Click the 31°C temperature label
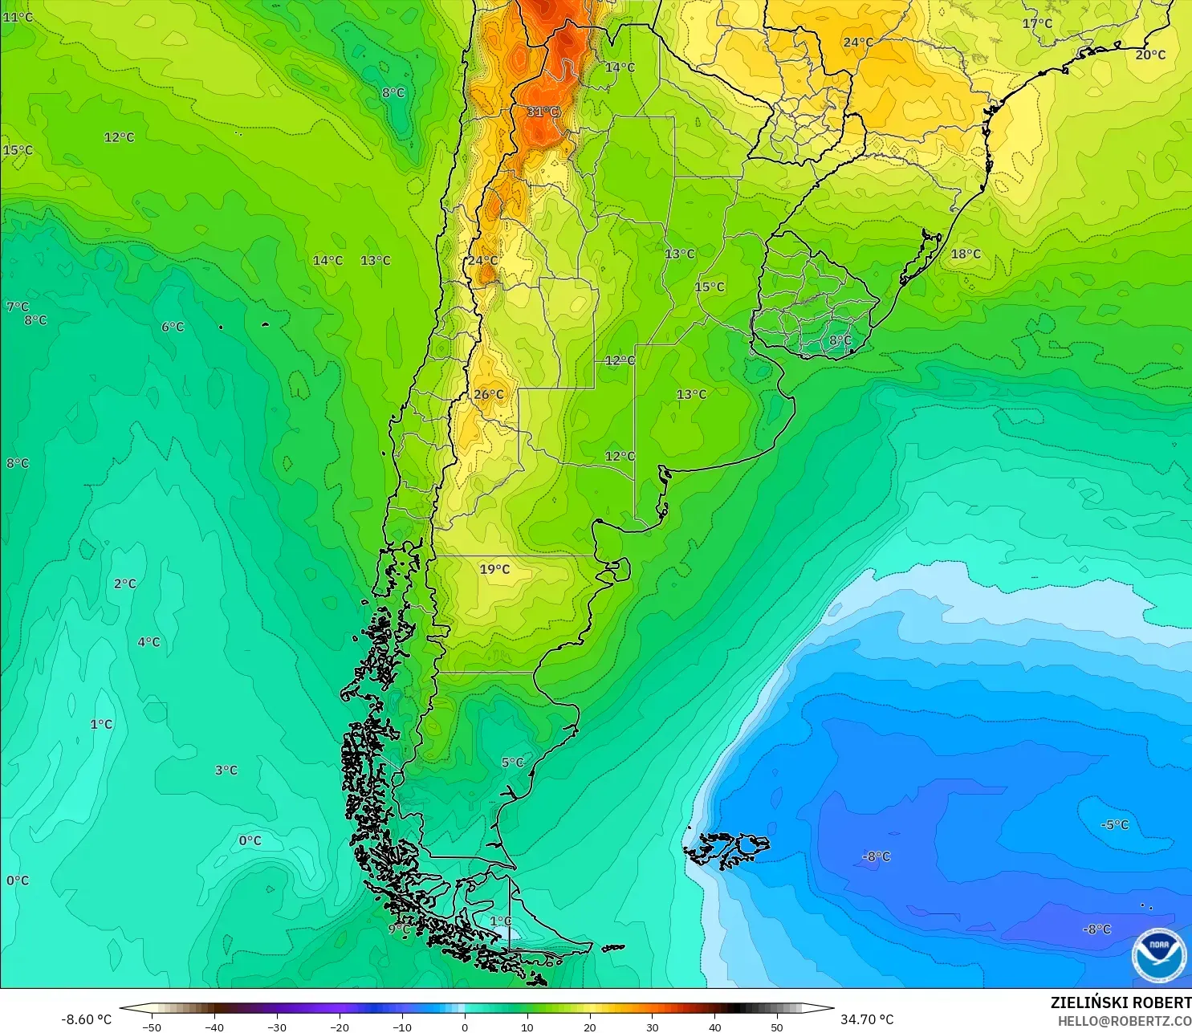(543, 112)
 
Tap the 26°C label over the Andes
(488, 394)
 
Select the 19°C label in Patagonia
(494, 569)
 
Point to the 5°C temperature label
(512, 763)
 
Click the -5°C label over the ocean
(1114, 824)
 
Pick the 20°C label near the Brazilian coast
(1149, 55)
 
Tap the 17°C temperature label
(1036, 23)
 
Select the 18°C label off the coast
(966, 254)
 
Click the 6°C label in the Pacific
(173, 327)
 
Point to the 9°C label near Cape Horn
(398, 929)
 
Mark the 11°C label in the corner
(18, 17)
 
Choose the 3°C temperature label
(226, 770)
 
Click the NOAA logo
(1158, 954)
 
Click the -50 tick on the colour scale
(151, 1027)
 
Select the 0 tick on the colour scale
(465, 1027)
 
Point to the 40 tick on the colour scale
(714, 1027)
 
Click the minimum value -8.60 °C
(86, 1019)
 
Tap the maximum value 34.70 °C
(866, 1019)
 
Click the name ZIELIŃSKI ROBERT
(1121, 1002)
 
